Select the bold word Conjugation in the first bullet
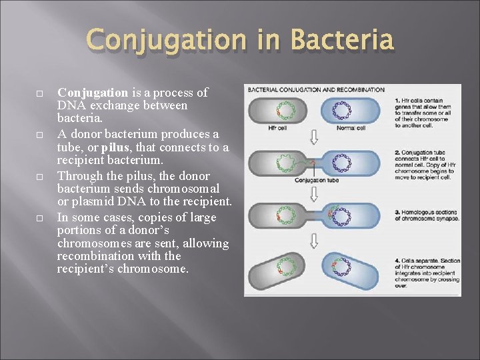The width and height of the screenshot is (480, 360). (93, 93)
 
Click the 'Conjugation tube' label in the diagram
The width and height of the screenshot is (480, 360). (317, 180)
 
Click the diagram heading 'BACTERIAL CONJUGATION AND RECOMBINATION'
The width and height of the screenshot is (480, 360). (315, 89)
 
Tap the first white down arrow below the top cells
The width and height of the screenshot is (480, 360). (315, 138)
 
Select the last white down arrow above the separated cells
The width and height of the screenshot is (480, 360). (315, 241)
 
